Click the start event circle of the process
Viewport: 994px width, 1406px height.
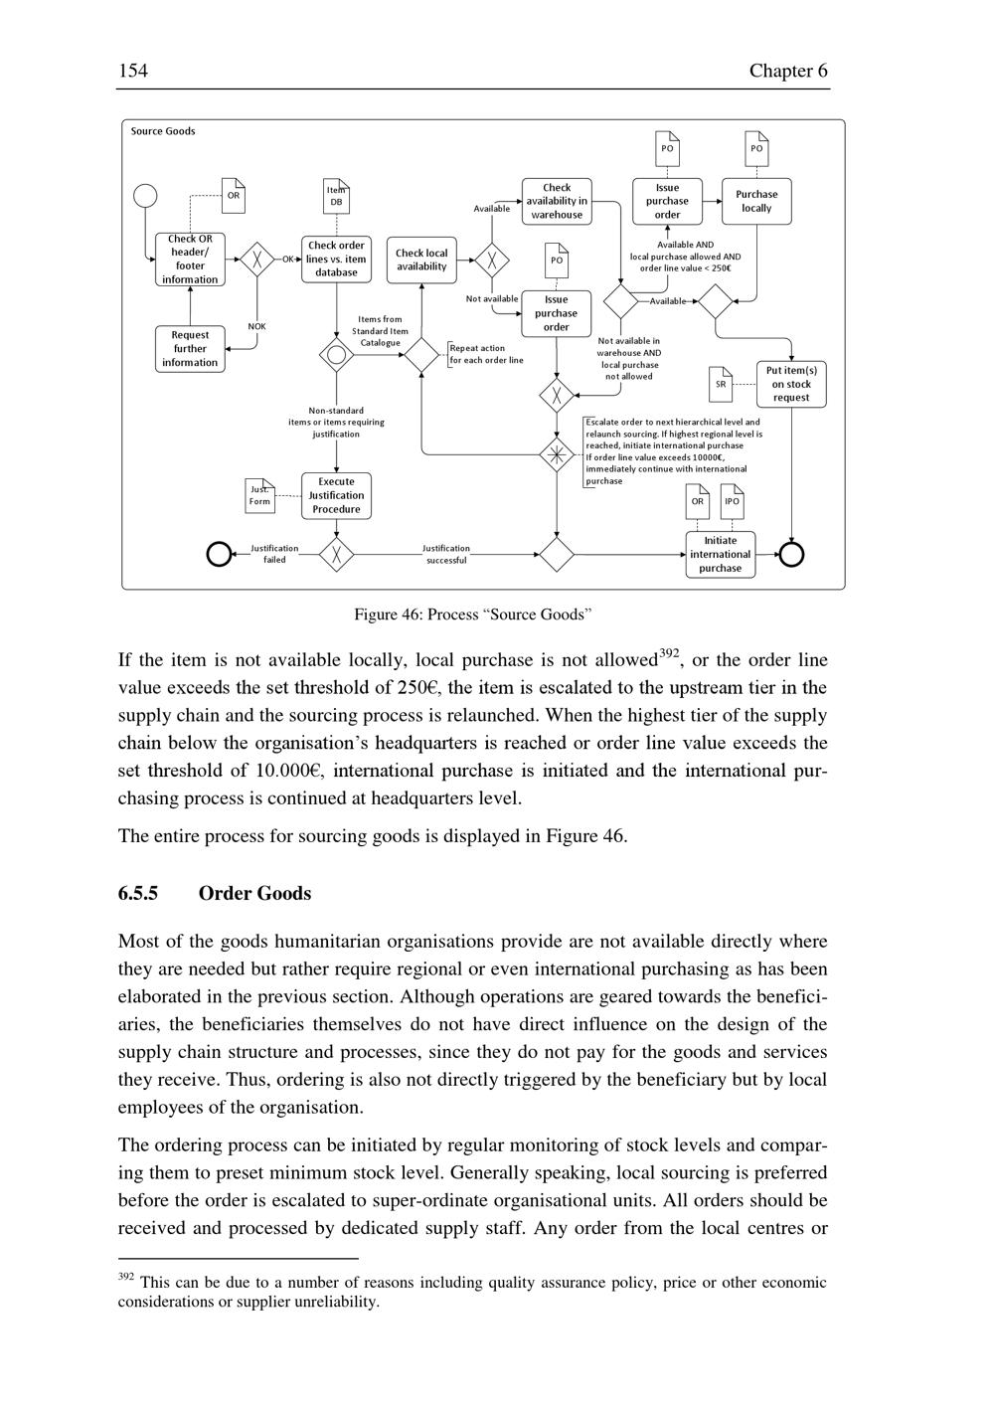pyautogui.click(x=145, y=195)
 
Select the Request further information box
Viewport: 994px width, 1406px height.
pyautogui.click(x=190, y=349)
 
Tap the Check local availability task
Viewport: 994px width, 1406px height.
pyautogui.click(x=421, y=260)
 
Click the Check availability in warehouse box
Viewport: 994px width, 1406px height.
pyautogui.click(x=557, y=201)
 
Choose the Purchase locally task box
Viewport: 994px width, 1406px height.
pyautogui.click(x=756, y=202)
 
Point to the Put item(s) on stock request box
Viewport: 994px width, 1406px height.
pyautogui.click(x=791, y=384)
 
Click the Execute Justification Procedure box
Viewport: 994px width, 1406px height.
pyautogui.click(x=336, y=495)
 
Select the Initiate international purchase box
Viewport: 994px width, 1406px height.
pyautogui.click(x=720, y=555)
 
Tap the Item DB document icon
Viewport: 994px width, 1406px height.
pyautogui.click(x=336, y=196)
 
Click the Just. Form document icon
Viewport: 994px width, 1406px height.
pyautogui.click(x=259, y=495)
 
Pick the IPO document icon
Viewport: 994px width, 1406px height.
pyautogui.click(x=732, y=500)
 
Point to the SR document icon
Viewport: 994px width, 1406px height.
pyautogui.click(x=721, y=383)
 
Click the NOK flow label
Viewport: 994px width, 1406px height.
pyautogui.click(x=256, y=326)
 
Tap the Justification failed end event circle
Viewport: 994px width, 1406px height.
pyautogui.click(x=219, y=554)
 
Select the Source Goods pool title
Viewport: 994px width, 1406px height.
pyautogui.click(x=163, y=131)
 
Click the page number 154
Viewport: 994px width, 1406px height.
pyautogui.click(x=133, y=71)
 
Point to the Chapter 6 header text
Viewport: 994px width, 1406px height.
pyautogui.click(x=788, y=71)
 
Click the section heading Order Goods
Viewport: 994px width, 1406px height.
pyautogui.click(x=254, y=893)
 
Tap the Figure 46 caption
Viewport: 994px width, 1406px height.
pyautogui.click(x=473, y=615)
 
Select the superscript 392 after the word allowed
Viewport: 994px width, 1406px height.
pyautogui.click(x=668, y=653)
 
